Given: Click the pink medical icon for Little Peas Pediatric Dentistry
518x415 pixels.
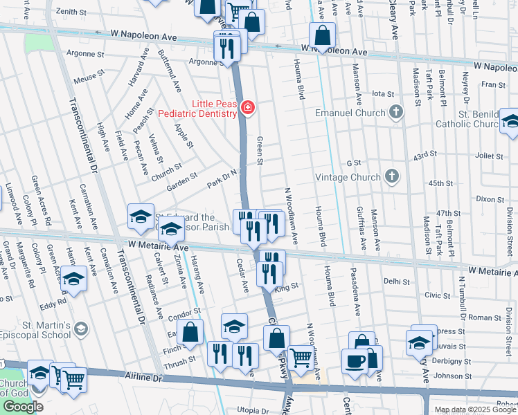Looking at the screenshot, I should [247, 107].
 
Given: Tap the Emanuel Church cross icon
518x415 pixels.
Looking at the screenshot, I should [396, 112].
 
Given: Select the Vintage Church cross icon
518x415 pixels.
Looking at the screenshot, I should [392, 177].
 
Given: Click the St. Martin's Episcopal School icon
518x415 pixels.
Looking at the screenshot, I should [81, 327].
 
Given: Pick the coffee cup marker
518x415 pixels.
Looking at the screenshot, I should [355, 360].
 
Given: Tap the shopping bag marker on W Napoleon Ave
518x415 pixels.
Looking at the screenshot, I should [323, 35].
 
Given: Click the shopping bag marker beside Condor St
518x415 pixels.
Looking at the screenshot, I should [190, 333].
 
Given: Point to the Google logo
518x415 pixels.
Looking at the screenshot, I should [23, 407].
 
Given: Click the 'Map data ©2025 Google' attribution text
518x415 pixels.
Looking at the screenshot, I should [475, 409].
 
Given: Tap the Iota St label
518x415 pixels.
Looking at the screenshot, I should [382, 93].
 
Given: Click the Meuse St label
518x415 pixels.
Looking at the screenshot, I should [88, 79].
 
